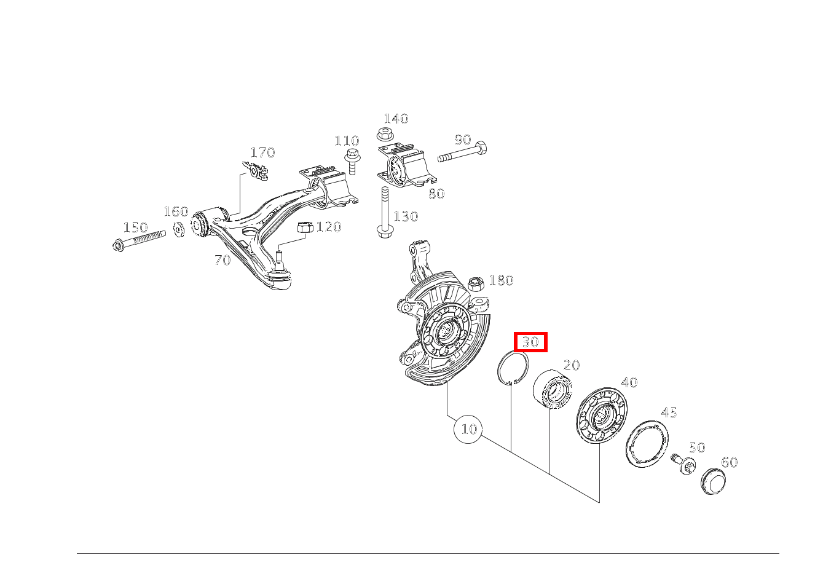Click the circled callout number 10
[468, 428]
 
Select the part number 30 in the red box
[530, 342]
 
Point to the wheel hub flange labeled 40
[599, 415]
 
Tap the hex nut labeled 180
[476, 284]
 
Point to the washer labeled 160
[179, 230]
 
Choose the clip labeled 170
[257, 170]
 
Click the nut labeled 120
[305, 227]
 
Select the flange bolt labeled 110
[352, 160]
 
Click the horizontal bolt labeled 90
[462, 152]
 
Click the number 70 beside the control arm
[222, 260]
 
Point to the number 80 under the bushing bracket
[436, 194]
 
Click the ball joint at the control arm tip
[280, 275]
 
